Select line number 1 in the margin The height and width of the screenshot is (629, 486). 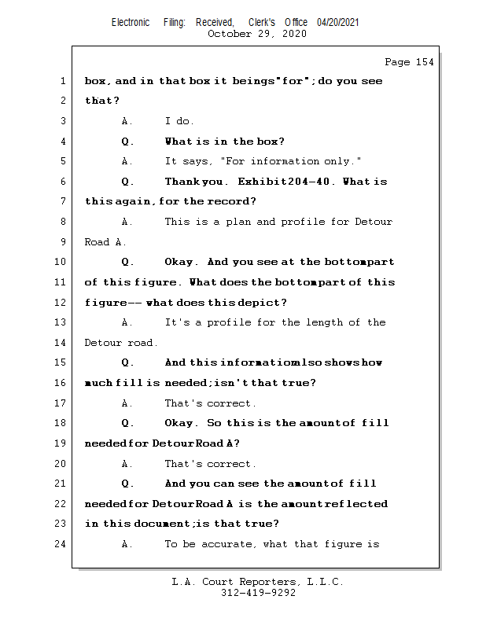coord(62,81)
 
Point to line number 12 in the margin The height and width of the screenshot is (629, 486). coord(61,302)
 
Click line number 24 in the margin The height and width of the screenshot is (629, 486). coord(61,543)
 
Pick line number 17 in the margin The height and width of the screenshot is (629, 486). coord(61,403)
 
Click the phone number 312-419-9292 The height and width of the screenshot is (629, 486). coord(258,593)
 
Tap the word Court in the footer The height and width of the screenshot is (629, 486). coord(228,582)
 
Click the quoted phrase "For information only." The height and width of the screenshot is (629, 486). coord(290,161)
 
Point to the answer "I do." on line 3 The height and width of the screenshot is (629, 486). coord(179,121)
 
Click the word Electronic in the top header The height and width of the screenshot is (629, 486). coord(131,23)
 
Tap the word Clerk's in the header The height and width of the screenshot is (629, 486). coord(262,23)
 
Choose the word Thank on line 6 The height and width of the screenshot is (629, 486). coord(182,182)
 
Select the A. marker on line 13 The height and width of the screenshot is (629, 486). coord(127,322)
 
